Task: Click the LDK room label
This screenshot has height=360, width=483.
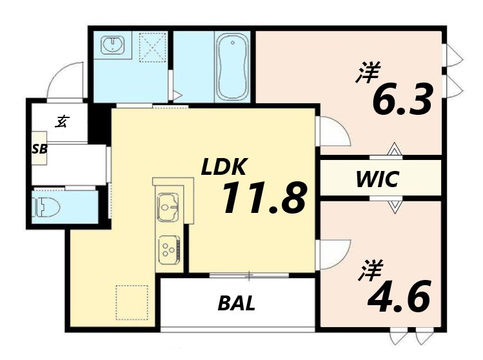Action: tap(223, 168)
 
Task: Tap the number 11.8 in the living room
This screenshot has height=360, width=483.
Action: tap(263, 198)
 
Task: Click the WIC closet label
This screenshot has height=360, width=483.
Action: tap(378, 179)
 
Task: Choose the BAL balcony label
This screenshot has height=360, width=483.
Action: tap(236, 303)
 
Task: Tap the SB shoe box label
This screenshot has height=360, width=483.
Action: tap(40, 149)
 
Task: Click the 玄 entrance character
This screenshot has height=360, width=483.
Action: tap(61, 121)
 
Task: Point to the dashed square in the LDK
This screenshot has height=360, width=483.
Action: tap(133, 302)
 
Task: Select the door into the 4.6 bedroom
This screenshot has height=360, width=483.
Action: tap(334, 254)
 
